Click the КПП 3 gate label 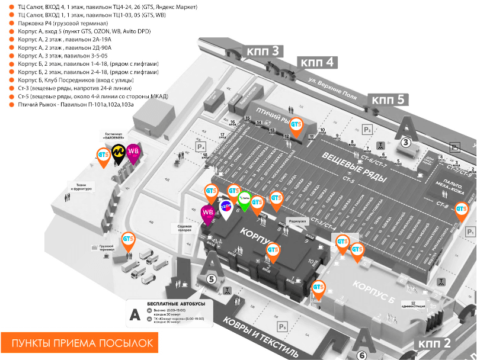267,52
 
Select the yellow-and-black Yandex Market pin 119,153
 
